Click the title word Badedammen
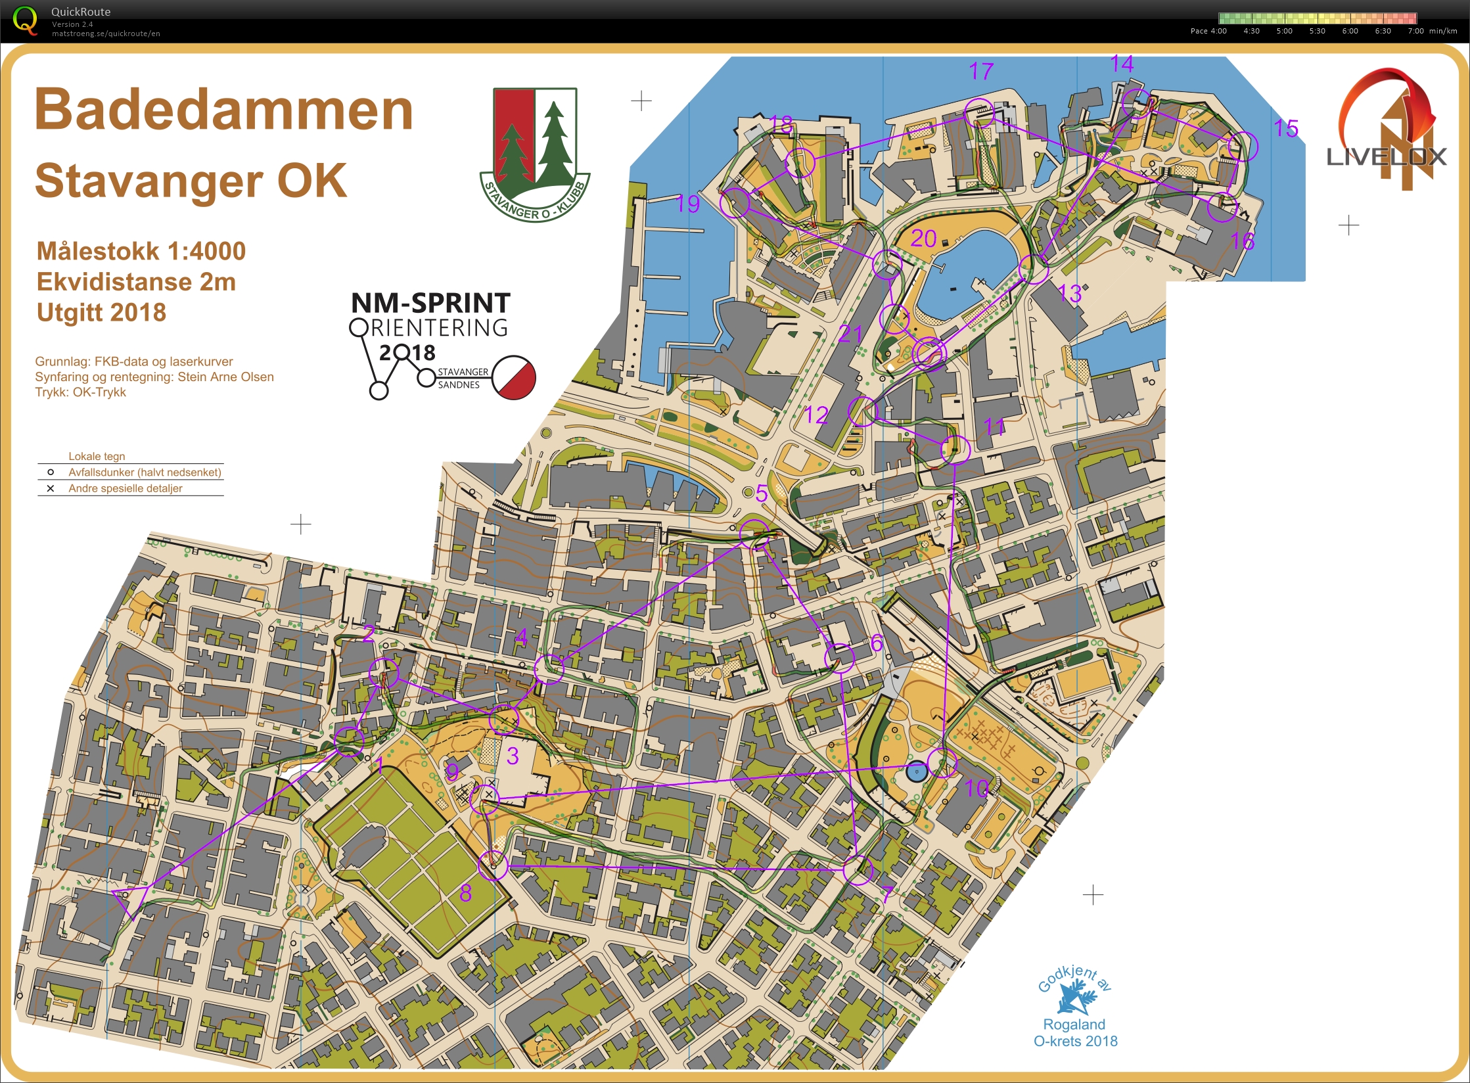[x=223, y=110]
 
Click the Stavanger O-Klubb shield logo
[x=535, y=154]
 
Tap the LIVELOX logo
[x=1387, y=131]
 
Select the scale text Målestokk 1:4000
[x=141, y=251]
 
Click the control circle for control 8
[x=493, y=865]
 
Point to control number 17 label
[x=980, y=71]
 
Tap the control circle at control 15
[x=1242, y=146]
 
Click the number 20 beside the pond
[x=923, y=239]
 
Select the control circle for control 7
[x=858, y=870]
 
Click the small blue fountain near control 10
[x=916, y=772]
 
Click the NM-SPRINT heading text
[x=430, y=303]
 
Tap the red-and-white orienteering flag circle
[x=514, y=378]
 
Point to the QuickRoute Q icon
[x=25, y=20]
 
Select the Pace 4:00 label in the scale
[x=1208, y=31]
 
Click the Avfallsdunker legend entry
[x=144, y=472]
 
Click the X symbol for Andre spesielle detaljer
[x=50, y=488]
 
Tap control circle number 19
[x=735, y=202]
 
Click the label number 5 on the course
[x=761, y=493]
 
